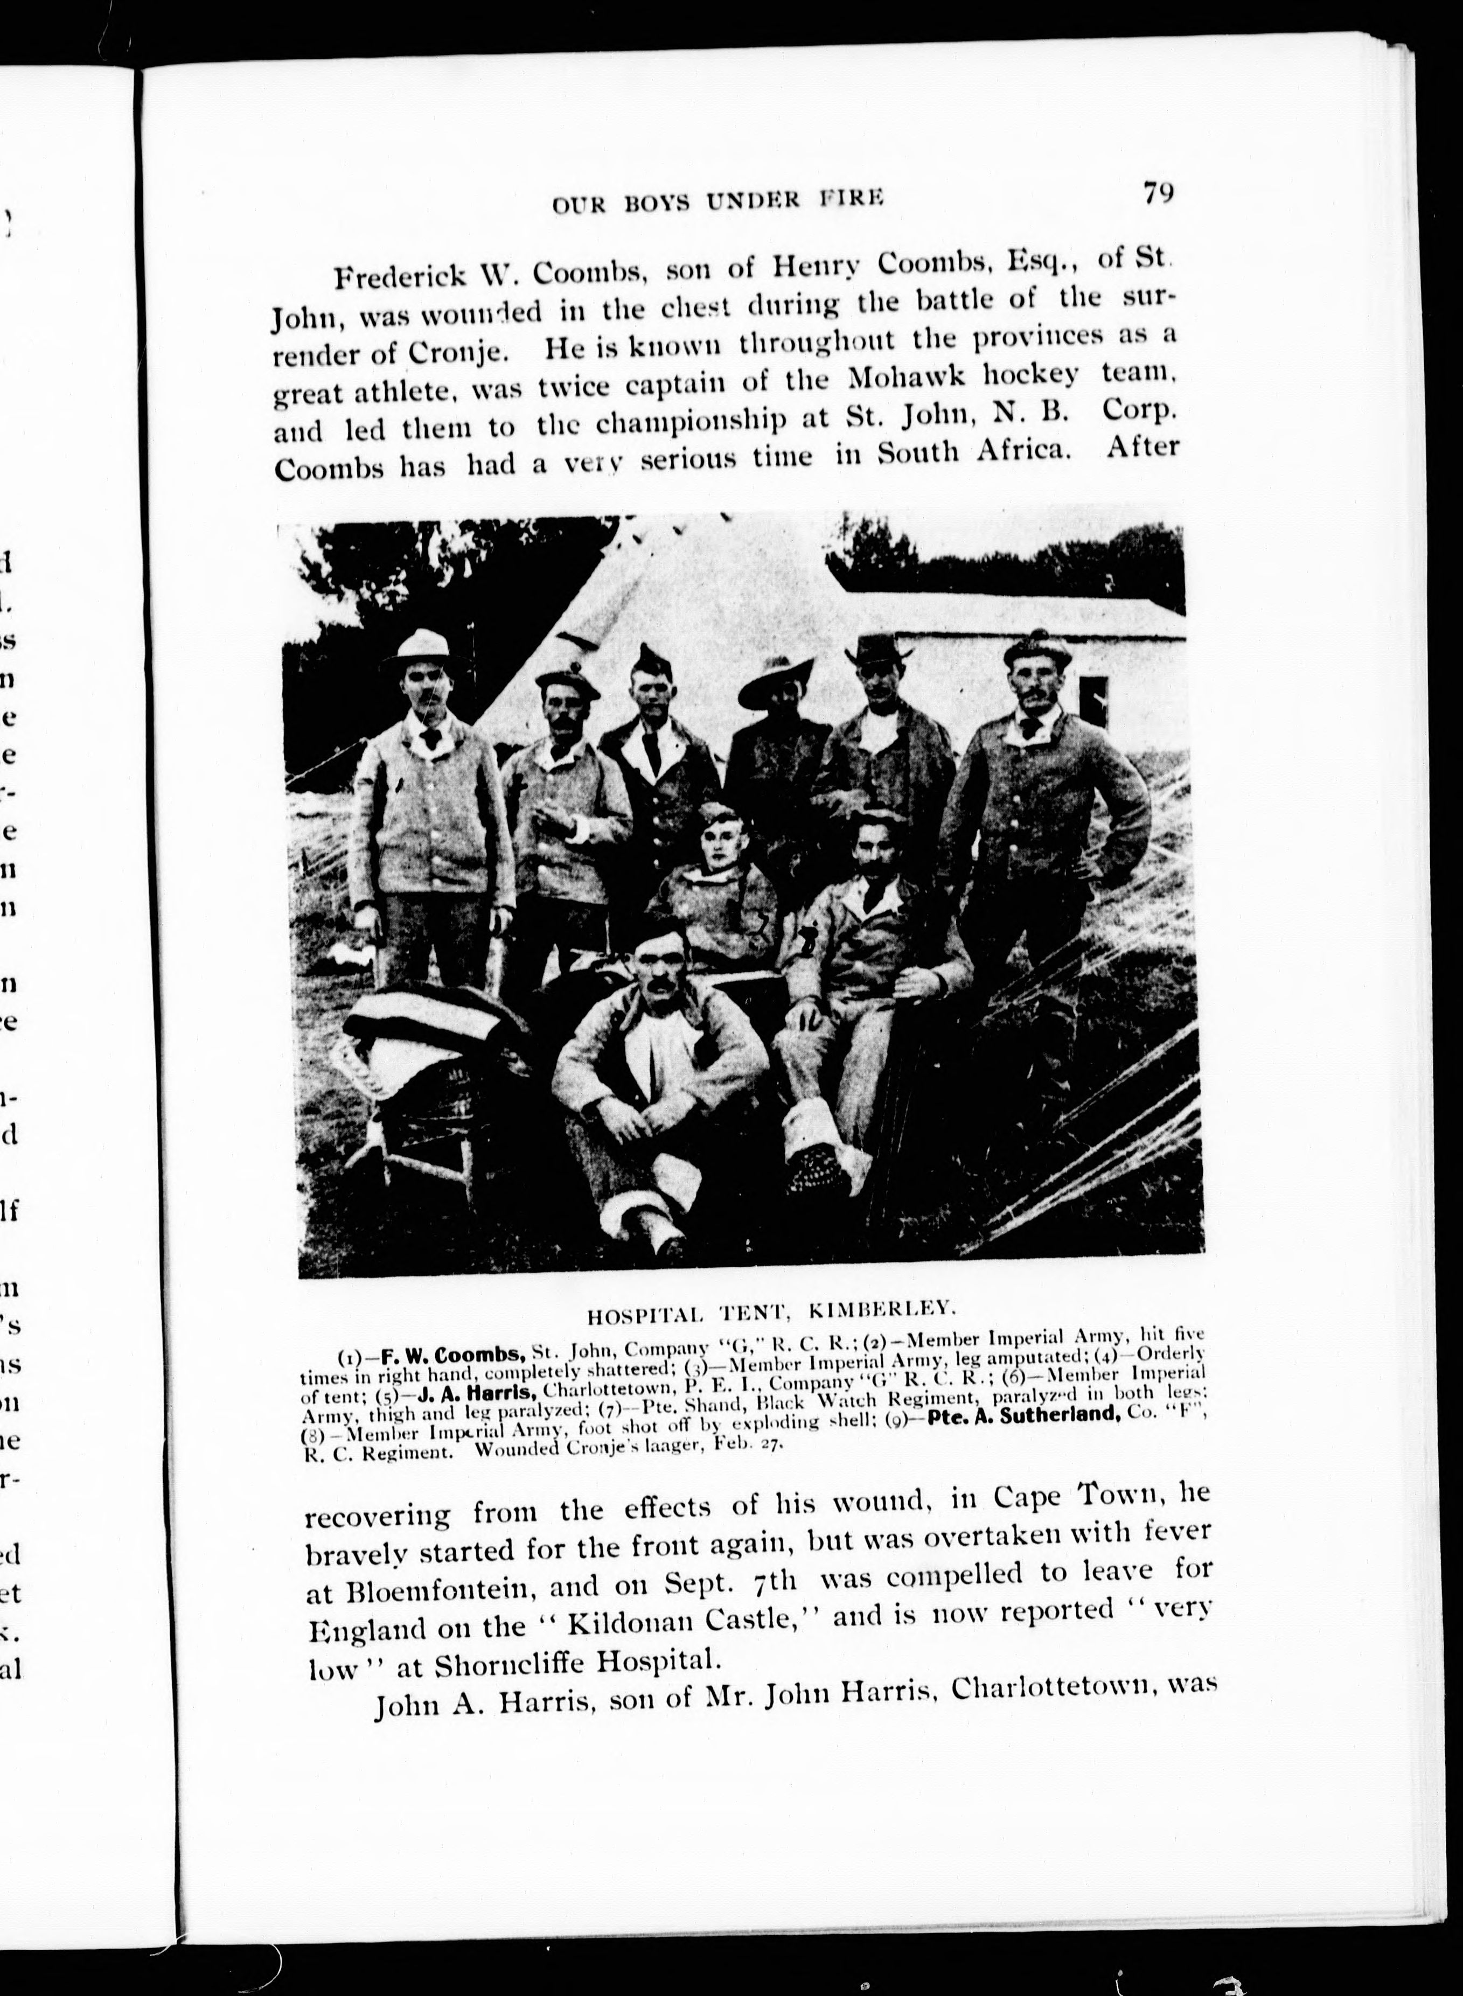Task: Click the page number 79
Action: point(1158,193)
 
